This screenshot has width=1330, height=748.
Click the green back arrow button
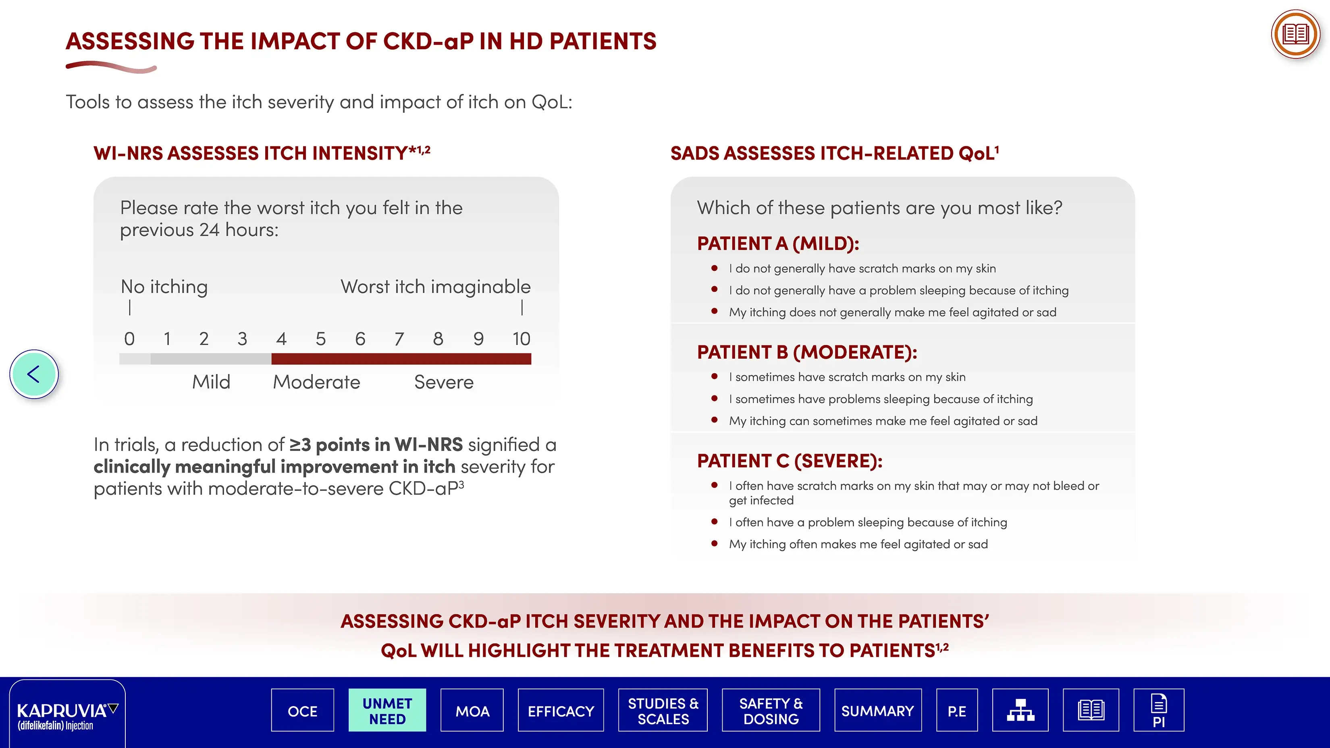point(34,374)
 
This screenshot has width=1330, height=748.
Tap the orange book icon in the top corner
point(1295,35)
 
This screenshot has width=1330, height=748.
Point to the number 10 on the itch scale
point(522,339)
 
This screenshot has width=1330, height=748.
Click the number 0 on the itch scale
point(130,339)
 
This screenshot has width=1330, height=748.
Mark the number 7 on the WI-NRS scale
point(399,339)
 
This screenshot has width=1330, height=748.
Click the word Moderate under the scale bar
point(316,382)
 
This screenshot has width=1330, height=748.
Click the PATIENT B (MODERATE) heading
point(807,352)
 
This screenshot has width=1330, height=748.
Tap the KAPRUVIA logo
point(67,715)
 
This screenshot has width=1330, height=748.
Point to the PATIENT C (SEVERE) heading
point(790,461)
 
